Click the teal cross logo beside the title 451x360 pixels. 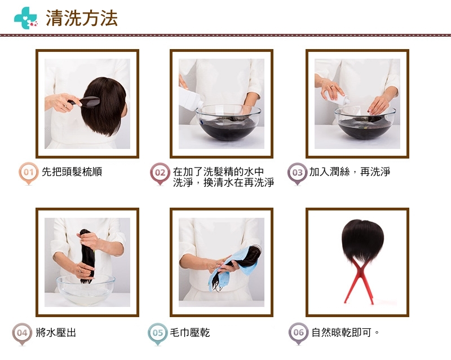(x=25, y=18)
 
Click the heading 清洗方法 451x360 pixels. (x=82, y=18)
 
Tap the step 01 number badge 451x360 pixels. (x=29, y=173)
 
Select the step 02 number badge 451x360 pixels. (x=160, y=173)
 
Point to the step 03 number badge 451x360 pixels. (x=298, y=173)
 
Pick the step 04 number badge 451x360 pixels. (x=22, y=333)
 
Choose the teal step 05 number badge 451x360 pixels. (x=158, y=333)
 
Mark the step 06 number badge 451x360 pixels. (x=299, y=333)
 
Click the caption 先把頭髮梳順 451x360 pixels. (x=72, y=172)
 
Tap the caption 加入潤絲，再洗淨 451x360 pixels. (x=350, y=172)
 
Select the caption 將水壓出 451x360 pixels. (x=56, y=332)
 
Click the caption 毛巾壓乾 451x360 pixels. (x=190, y=332)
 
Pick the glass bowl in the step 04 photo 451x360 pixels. (x=86, y=289)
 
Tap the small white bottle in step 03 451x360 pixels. (x=337, y=99)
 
